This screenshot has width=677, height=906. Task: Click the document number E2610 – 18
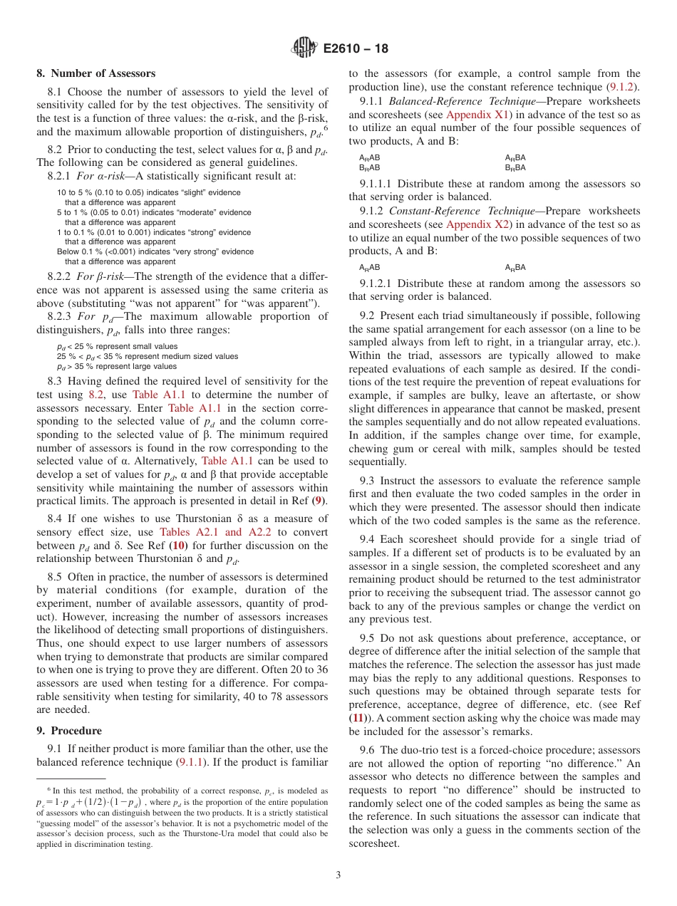(356, 49)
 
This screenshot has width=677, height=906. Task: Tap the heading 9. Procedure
(69, 731)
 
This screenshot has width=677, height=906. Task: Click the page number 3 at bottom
(338, 875)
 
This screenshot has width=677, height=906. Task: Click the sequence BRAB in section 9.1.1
(369, 168)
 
